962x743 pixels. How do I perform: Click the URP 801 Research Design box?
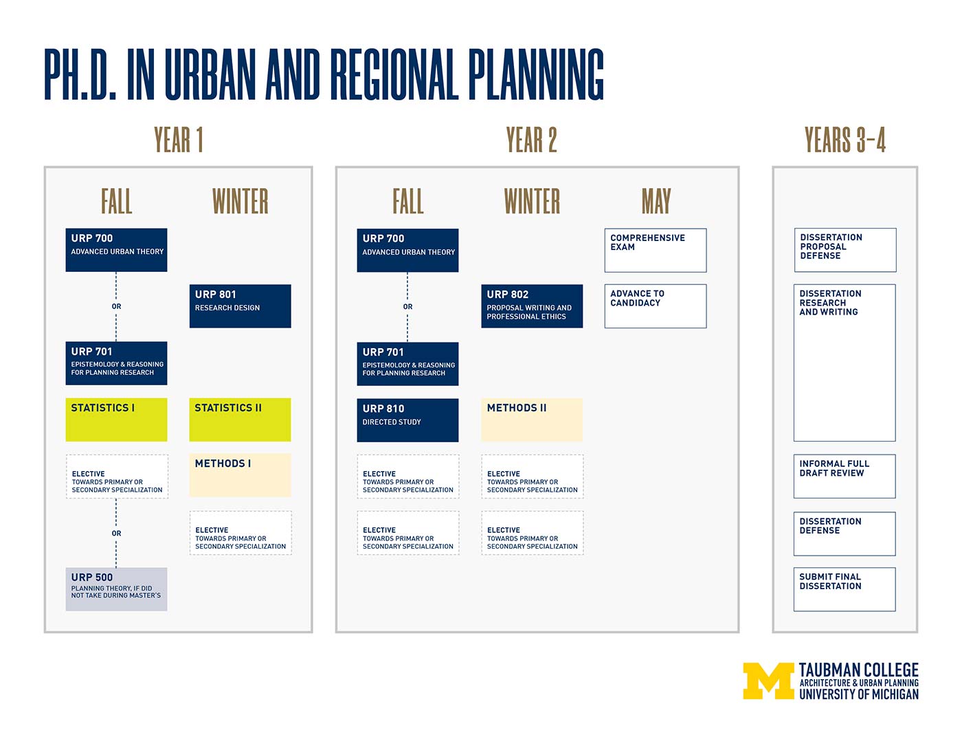[240, 306]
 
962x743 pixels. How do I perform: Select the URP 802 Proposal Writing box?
[532, 306]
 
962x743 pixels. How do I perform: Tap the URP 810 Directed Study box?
[407, 420]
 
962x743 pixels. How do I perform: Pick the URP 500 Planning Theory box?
[116, 589]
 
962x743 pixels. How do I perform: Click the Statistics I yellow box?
[116, 420]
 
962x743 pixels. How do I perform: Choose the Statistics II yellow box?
[240, 420]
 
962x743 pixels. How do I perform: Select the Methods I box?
[240, 475]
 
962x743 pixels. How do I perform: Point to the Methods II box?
[532, 420]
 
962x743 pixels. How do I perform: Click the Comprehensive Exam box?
[656, 251]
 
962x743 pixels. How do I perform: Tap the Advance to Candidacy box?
[656, 306]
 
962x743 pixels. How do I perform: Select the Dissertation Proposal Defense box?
[845, 250]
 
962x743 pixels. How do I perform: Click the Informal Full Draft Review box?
[844, 477]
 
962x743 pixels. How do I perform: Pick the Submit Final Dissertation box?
[844, 590]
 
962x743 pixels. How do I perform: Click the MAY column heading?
[656, 201]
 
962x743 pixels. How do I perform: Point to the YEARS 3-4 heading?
[844, 140]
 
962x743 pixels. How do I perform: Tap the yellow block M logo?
[768, 681]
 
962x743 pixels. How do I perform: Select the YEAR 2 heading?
[531, 140]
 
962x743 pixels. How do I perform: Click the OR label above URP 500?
[116, 534]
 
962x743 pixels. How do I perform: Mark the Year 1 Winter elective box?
[240, 533]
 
